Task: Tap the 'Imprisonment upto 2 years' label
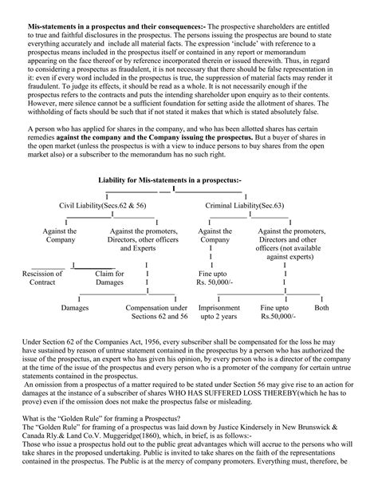point(219,311)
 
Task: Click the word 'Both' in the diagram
point(321,306)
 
